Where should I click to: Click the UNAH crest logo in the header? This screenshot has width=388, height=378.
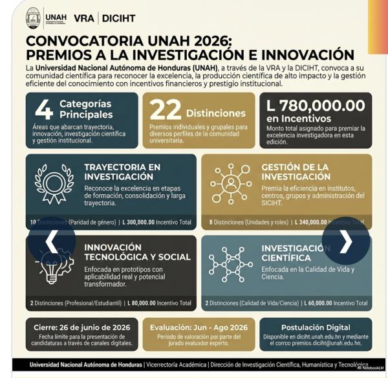pos(33,17)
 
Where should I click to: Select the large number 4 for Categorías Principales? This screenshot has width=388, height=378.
pos(43,109)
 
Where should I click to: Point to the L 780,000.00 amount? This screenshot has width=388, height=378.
pos(316,105)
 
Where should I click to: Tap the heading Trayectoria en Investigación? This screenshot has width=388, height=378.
pos(122,172)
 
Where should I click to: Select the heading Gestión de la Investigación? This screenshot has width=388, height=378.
pos(296,172)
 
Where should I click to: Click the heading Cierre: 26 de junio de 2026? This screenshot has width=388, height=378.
pos(81,328)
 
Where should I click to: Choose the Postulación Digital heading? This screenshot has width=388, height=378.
pos(316,328)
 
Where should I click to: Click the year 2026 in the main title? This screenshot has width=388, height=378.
pos(208,41)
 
